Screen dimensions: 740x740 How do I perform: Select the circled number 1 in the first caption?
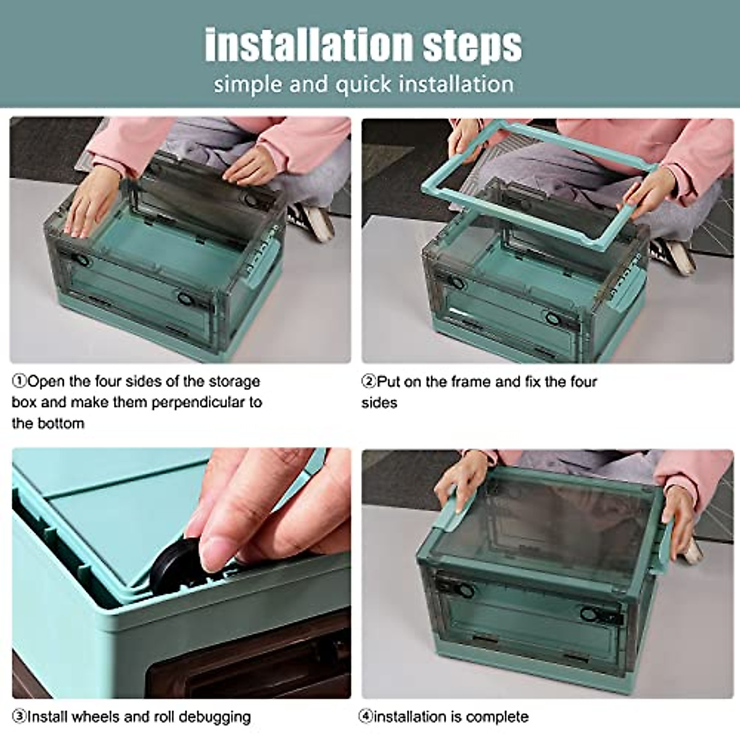click(19, 381)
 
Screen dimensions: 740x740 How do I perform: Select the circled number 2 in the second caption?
click(369, 382)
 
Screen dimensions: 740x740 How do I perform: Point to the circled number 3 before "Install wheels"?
click(19, 717)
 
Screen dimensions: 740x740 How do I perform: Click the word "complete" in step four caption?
click(497, 717)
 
